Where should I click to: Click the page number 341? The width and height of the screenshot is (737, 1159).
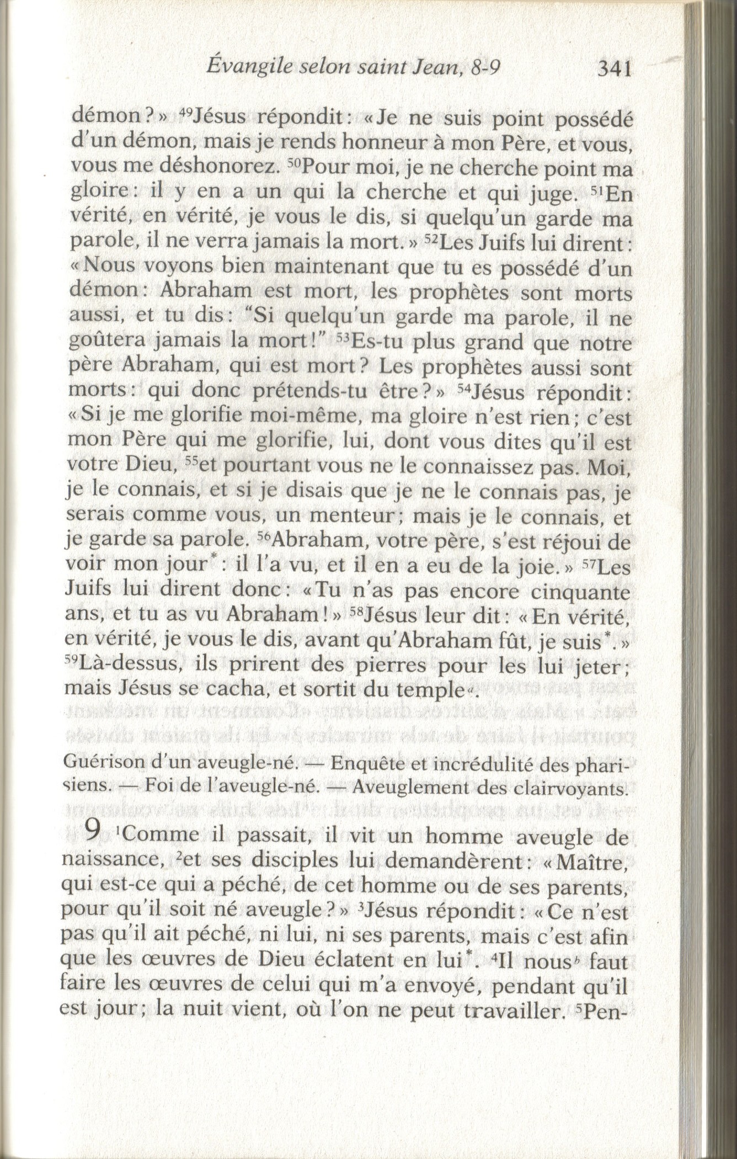tap(613, 69)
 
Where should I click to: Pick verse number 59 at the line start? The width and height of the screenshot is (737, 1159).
tap(72, 660)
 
